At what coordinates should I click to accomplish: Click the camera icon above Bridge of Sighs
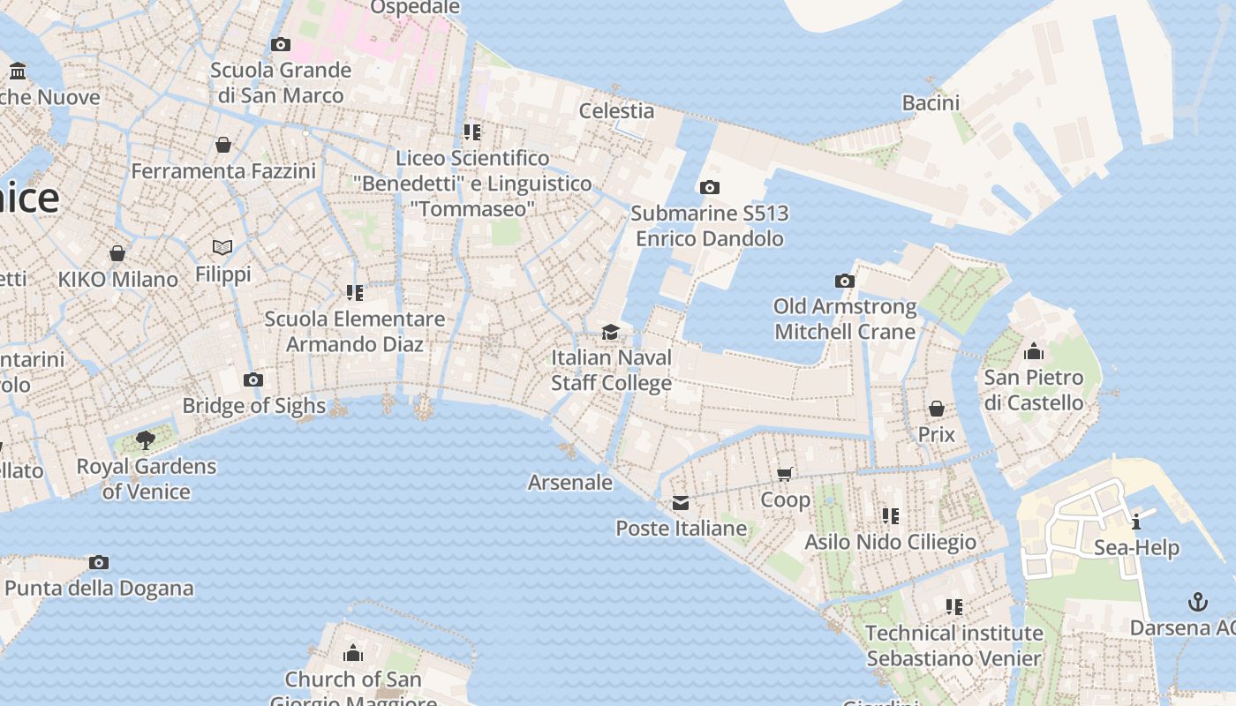253,380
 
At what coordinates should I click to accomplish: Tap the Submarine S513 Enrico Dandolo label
710,226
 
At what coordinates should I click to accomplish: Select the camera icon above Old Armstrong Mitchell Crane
845,282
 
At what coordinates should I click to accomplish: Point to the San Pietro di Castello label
1034,390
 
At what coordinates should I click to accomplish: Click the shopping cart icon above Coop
785,474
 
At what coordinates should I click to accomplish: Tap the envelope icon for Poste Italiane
681,503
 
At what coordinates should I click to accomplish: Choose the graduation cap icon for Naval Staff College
610,332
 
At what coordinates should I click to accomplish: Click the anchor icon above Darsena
1198,603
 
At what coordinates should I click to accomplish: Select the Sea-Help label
1136,548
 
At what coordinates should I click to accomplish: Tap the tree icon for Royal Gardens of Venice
146,439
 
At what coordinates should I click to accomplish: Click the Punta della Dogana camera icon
99,562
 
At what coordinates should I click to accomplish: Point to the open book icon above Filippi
222,248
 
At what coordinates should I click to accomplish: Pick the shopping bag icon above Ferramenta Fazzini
223,145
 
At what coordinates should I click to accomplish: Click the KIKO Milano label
118,280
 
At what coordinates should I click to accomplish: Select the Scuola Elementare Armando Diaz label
355,331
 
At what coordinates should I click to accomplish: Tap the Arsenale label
570,483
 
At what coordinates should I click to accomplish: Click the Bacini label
931,103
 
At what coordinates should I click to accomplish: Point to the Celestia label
616,111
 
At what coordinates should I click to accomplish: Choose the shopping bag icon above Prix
937,409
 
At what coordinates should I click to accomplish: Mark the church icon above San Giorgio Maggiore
353,653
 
